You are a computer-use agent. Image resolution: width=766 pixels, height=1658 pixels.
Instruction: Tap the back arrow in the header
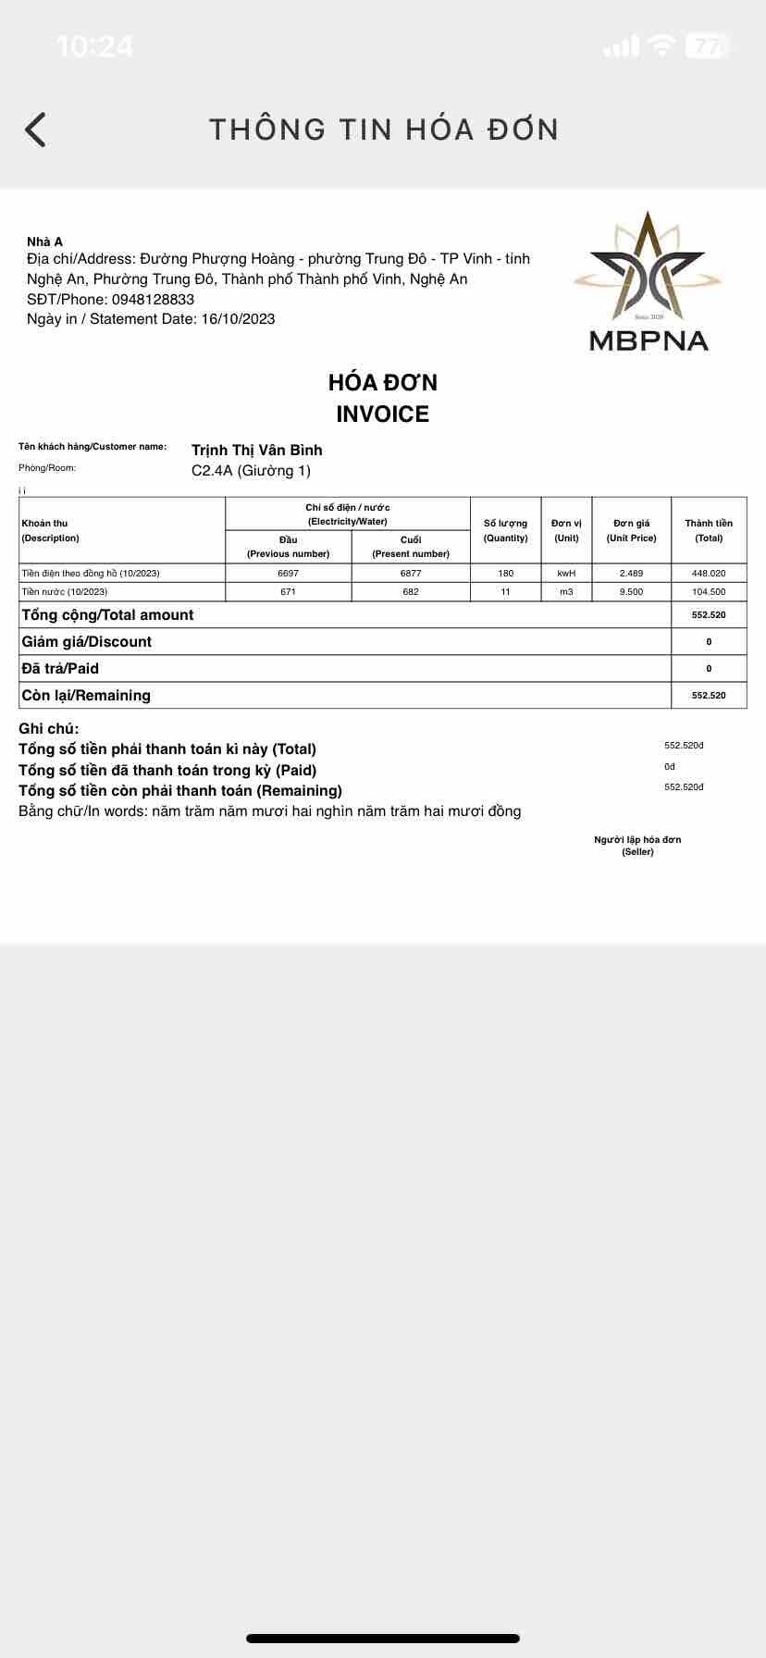[x=35, y=130]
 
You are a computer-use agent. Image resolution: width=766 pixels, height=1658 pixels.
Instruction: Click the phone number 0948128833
[x=153, y=299]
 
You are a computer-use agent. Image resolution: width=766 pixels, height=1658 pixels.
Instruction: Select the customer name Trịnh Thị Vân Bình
[x=256, y=451]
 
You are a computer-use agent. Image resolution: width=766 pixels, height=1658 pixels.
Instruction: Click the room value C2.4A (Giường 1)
[x=251, y=471]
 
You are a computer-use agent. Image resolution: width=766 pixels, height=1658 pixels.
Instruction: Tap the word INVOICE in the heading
[x=382, y=414]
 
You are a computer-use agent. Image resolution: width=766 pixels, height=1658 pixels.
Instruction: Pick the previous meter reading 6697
[x=288, y=574]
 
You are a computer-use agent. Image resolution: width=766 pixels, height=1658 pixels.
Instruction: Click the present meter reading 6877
[x=411, y=574]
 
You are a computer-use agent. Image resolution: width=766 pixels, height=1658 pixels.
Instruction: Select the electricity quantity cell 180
[x=505, y=574]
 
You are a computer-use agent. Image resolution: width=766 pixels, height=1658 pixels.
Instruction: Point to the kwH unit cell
[x=566, y=574]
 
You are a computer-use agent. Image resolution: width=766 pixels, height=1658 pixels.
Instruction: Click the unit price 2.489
[x=631, y=574]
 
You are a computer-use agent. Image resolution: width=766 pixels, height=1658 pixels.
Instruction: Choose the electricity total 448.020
[x=709, y=574]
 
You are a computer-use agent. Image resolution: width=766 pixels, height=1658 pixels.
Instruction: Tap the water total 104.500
[x=709, y=592]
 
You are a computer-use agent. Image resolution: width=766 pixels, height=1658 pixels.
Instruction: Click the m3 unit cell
[x=566, y=592]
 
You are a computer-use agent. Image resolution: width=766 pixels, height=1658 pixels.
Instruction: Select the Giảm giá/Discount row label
[x=87, y=642]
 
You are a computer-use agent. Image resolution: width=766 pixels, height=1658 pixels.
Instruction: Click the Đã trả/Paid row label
[x=60, y=669]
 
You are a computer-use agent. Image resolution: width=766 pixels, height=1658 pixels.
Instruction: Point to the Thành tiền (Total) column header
[x=709, y=530]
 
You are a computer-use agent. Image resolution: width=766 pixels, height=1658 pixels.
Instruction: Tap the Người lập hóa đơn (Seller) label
[x=637, y=846]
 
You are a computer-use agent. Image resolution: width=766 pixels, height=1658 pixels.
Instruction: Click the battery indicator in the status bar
[x=707, y=46]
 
